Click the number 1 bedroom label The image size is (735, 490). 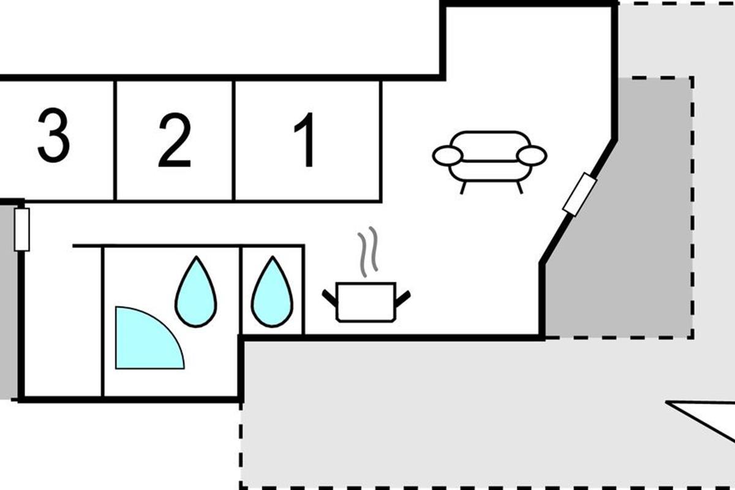[x=304, y=140]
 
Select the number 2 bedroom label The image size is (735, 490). [x=175, y=140]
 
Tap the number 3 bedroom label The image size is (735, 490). [x=54, y=135]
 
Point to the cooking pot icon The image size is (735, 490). [x=366, y=302]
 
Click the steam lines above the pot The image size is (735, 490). [x=368, y=251]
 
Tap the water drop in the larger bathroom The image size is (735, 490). [x=196, y=292]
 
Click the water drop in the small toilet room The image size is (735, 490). [x=272, y=292]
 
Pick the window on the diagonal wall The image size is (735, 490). [x=579, y=194]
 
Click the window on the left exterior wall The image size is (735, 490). [x=22, y=230]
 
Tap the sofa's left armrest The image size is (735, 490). [x=448, y=156]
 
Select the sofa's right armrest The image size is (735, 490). [x=532, y=156]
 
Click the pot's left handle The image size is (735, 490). [x=330, y=298]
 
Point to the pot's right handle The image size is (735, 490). [x=403, y=298]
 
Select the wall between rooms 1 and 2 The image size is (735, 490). [x=233, y=140]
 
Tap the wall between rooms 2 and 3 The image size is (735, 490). [x=115, y=140]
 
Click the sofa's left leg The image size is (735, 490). [x=463, y=187]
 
